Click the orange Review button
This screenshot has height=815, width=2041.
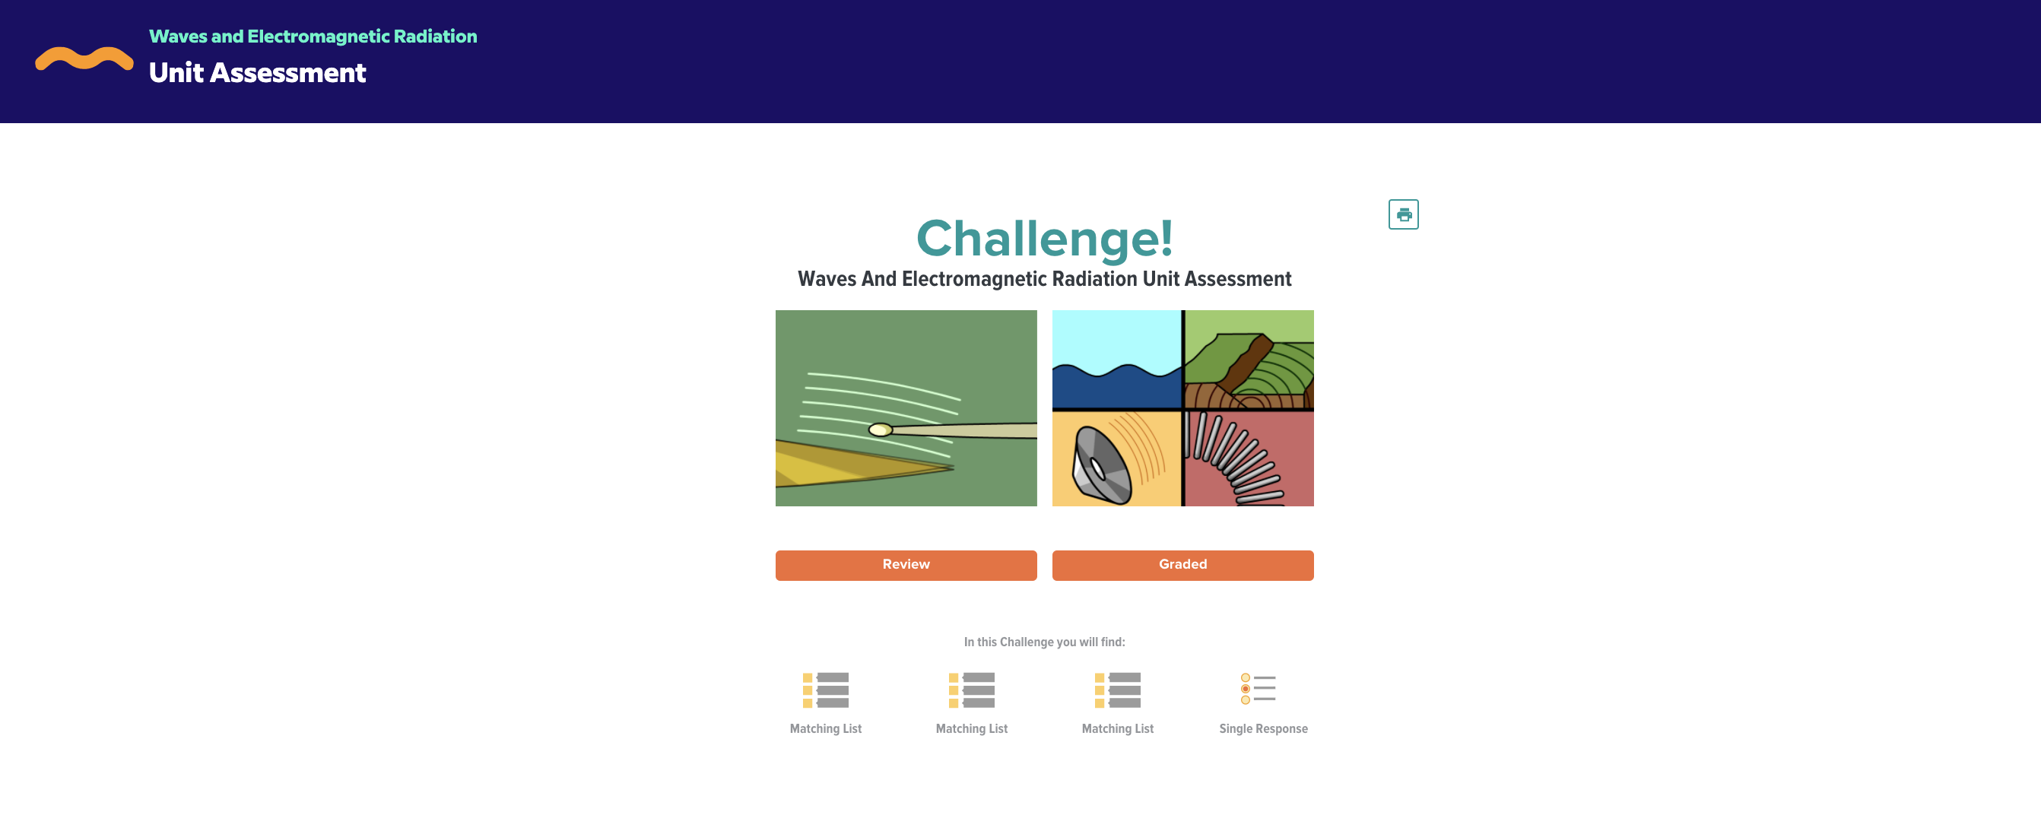pyautogui.click(x=906, y=565)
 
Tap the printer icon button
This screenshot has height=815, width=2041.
pyautogui.click(x=1403, y=214)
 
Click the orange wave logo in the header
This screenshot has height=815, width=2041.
pyautogui.click(x=84, y=59)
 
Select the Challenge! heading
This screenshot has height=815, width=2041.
pyautogui.click(x=1044, y=238)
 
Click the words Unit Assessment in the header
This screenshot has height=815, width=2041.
pyautogui.click(x=258, y=73)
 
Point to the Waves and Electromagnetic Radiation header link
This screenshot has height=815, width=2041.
pyautogui.click(x=313, y=36)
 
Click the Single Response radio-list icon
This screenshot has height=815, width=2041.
pyautogui.click(x=1259, y=688)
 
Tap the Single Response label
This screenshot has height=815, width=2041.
pyautogui.click(x=1263, y=728)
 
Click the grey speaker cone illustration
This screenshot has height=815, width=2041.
pyautogui.click(x=1101, y=466)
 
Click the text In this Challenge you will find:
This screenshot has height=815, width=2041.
pyautogui.click(x=1044, y=642)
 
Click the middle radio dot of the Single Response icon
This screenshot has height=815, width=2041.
pyautogui.click(x=1246, y=689)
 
